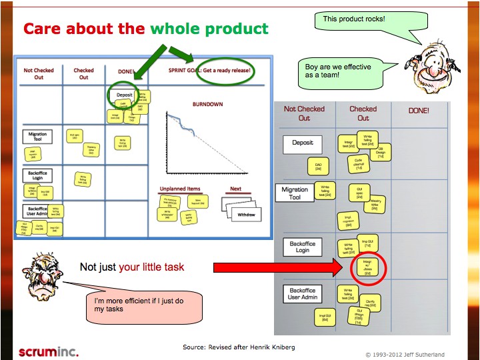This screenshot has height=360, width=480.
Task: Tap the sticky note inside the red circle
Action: point(367,267)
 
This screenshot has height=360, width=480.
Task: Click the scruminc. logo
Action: point(49,351)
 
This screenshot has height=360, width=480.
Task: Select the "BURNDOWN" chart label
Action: point(207,105)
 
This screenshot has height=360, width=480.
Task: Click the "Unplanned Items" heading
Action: point(181,189)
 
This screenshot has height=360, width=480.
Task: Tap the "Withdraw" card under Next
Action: point(246,215)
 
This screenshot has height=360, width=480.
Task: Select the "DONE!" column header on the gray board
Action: point(419,111)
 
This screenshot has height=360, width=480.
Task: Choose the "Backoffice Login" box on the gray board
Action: point(303,247)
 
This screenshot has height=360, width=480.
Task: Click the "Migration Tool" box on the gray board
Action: point(295,193)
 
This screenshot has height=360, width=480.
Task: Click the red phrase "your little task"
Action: point(151,267)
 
